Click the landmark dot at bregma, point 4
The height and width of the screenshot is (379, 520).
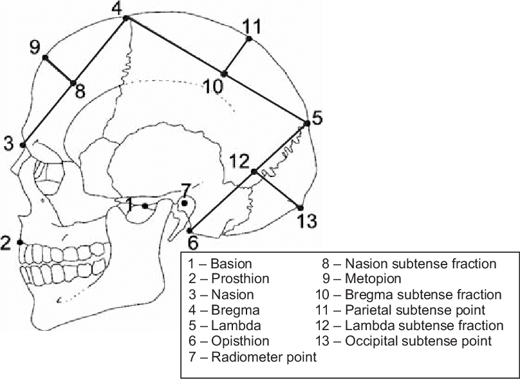coord(126,18)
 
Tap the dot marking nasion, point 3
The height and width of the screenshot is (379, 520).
coord(23,145)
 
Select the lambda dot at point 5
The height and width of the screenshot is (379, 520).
coord(307,123)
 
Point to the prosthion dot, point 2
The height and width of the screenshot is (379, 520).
coord(20,242)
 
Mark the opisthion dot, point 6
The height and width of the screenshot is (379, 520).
coord(190,230)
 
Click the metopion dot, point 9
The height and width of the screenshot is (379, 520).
coord(45,58)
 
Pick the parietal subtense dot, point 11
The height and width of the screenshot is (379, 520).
coord(250,40)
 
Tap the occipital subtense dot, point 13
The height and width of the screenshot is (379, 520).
coord(300,207)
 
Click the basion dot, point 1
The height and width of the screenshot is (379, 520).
coord(145,206)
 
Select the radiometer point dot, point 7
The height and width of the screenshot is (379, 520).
coord(185,203)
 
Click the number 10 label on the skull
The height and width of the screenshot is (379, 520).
coord(214,86)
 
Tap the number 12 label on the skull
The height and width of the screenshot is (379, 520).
coord(239,160)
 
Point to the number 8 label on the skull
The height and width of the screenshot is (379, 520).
coord(79,91)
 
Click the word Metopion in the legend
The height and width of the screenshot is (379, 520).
coord(373,279)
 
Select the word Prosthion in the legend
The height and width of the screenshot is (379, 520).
coord(240,279)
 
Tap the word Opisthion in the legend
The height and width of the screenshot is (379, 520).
coord(240,341)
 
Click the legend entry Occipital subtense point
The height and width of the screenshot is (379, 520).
coord(418,341)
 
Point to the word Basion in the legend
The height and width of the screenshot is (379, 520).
coord(231,264)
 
